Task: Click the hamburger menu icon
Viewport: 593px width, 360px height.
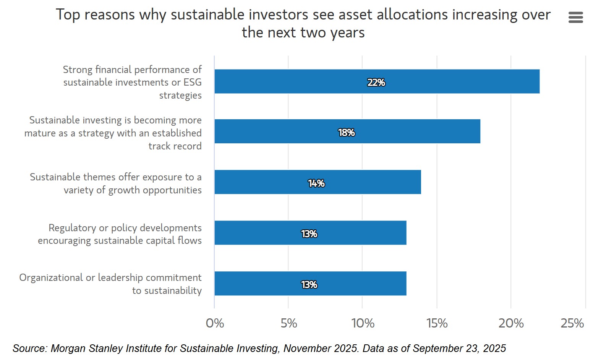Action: pos(575,17)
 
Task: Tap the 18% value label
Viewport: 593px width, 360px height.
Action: pos(347,133)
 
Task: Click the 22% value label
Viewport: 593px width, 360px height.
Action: pos(376,83)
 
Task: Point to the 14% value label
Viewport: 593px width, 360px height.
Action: pos(316,183)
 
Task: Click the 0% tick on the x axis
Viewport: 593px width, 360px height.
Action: pos(215,323)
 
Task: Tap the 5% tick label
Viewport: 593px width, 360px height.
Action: pos(288,323)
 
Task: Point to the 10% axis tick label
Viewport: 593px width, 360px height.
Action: pos(363,323)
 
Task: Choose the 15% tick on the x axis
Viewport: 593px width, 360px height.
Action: pos(437,323)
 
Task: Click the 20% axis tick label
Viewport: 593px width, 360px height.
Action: pos(511,323)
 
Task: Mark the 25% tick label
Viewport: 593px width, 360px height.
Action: pos(572,323)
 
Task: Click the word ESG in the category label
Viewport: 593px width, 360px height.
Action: pos(192,82)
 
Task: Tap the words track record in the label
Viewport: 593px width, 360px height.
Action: pos(175,146)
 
